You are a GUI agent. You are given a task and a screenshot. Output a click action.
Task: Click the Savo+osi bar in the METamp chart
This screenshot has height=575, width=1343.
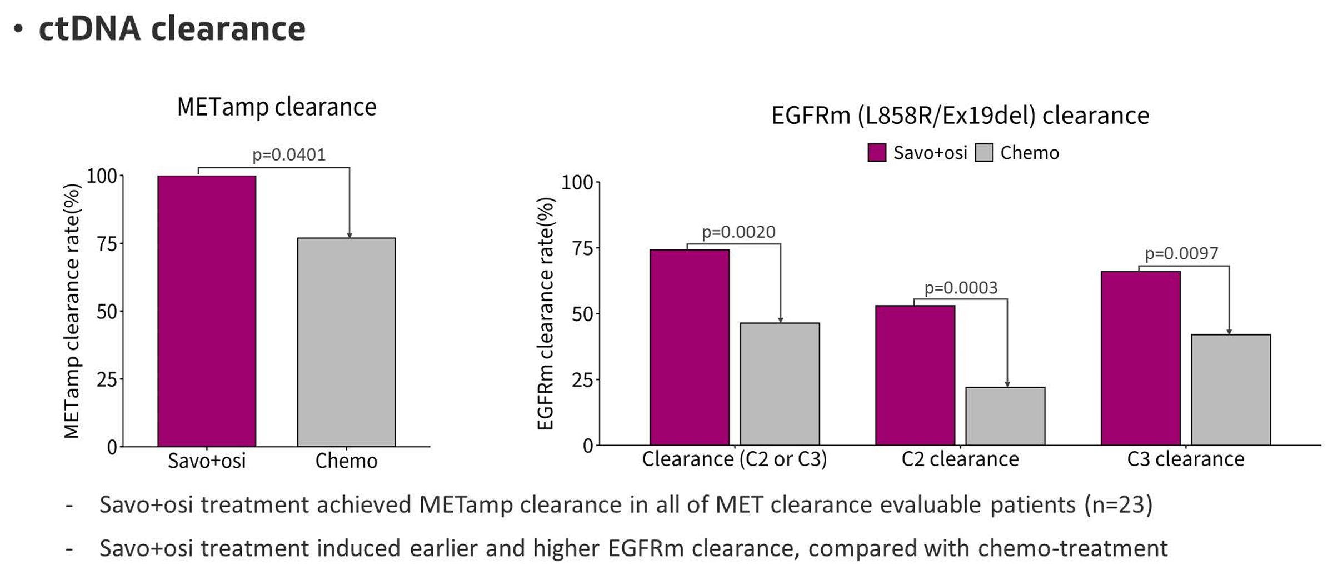[207, 311]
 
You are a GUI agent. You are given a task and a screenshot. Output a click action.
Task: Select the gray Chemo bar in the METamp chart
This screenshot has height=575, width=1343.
[346, 342]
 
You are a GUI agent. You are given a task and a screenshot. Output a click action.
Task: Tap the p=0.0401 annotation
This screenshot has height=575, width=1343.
[289, 154]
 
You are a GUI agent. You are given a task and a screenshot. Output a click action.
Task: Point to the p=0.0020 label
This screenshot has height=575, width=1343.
[738, 232]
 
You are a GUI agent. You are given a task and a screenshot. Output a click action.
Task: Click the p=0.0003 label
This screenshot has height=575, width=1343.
[961, 288]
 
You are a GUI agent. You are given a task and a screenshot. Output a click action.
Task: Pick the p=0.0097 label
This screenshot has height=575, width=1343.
[1181, 253]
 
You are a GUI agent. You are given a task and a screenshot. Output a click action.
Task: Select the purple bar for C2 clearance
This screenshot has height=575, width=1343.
[915, 375]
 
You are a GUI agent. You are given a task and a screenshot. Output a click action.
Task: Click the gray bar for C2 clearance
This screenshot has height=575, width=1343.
[1005, 416]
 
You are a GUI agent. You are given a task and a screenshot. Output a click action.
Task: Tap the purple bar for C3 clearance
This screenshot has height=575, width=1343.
[1140, 358]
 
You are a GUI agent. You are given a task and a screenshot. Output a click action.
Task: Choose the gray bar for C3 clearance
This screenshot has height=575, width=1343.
[1231, 389]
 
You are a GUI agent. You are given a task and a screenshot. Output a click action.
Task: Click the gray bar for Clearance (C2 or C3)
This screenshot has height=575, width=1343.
[780, 384]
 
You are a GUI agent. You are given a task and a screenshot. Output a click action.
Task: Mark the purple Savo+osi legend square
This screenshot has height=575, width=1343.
[877, 153]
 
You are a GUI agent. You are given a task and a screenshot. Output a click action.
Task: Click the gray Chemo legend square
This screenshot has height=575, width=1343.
[984, 153]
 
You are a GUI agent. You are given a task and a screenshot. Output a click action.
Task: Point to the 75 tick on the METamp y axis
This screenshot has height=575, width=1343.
[107, 244]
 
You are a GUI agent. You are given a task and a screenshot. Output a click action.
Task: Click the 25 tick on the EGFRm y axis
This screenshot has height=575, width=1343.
[582, 380]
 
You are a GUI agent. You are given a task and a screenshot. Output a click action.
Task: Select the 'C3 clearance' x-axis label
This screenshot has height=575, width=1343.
[1185, 459]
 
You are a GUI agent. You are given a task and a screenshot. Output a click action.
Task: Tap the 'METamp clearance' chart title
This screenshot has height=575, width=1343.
[277, 107]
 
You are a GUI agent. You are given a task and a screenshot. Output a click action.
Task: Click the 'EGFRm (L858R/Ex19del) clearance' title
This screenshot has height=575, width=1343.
[960, 116]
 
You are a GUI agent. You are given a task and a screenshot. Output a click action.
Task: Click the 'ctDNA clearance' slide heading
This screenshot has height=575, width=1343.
[172, 29]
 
